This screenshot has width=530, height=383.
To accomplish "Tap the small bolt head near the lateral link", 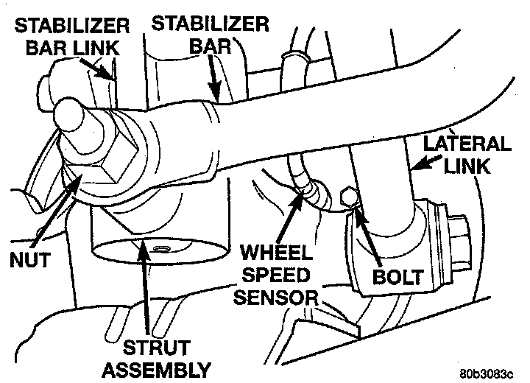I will pos(350,198).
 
